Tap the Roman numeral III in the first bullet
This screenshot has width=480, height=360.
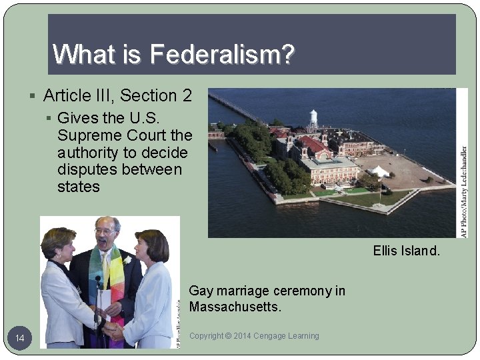113,96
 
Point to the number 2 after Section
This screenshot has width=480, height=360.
186,96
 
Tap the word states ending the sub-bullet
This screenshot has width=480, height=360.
79,187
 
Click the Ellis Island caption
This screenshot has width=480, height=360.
406,252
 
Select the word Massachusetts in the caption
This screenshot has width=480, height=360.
235,307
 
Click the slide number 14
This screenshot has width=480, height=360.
20,339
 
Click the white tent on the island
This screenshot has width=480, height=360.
380,171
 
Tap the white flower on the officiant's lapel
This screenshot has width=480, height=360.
128,259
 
